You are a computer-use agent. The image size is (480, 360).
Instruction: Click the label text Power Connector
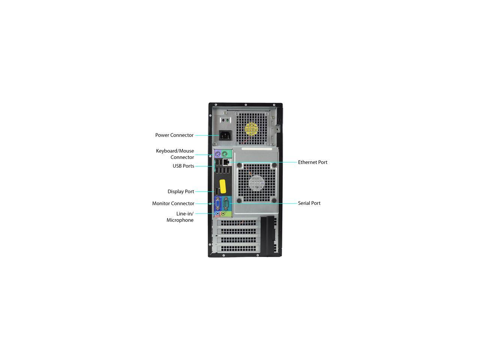(x=174, y=135)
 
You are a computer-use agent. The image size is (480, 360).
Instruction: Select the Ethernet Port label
(x=312, y=162)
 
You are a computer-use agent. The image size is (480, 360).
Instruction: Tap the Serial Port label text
(x=309, y=203)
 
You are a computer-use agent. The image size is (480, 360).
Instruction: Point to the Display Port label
(x=181, y=191)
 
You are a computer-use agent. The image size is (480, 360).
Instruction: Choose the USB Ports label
(x=183, y=166)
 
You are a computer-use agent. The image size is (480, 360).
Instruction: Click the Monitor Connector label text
(x=173, y=203)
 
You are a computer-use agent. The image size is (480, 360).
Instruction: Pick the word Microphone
(x=180, y=220)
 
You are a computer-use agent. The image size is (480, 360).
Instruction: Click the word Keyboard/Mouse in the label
(x=175, y=151)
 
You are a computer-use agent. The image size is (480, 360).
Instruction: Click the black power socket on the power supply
(x=224, y=135)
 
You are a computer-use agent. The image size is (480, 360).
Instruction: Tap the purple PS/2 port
(x=217, y=154)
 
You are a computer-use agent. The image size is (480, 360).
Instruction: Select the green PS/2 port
(x=224, y=154)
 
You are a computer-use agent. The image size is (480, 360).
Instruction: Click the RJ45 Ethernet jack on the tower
(x=226, y=162)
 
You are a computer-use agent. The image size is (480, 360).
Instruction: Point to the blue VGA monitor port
(x=217, y=203)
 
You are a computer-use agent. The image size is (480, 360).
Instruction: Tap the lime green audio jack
(x=223, y=213)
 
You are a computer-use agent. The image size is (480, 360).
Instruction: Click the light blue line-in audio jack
(x=217, y=213)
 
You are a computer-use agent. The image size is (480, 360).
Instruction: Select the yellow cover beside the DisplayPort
(x=223, y=186)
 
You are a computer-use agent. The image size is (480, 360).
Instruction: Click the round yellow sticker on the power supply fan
(x=251, y=129)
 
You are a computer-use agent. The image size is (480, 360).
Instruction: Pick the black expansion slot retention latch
(x=267, y=236)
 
